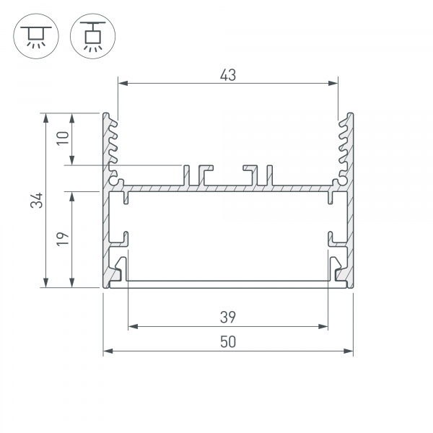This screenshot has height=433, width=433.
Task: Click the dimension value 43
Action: (229, 74)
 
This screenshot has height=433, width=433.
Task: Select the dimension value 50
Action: (228, 342)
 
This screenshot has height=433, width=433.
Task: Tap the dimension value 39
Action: (228, 316)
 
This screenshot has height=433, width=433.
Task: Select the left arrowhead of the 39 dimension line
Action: (132, 326)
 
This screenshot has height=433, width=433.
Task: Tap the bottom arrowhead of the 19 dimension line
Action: (73, 283)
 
